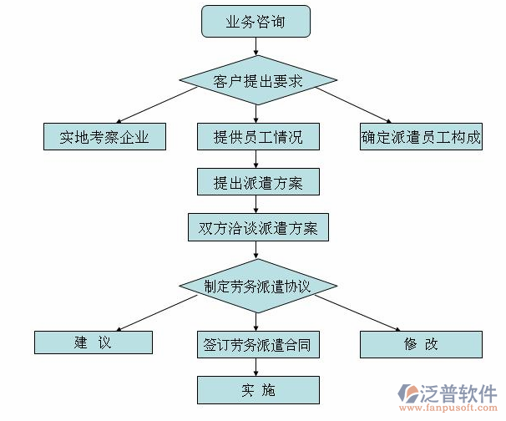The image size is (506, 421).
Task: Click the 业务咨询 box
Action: pyautogui.click(x=256, y=23)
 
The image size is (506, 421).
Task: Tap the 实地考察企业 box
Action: pyautogui.click(x=104, y=136)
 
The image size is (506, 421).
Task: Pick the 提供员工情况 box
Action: pyautogui.click(x=258, y=136)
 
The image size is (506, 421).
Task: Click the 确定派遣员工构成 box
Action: pyautogui.click(x=422, y=136)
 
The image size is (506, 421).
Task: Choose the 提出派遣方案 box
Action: pyautogui.click(x=258, y=181)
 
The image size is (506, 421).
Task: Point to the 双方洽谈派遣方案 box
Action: pyautogui.click(x=258, y=226)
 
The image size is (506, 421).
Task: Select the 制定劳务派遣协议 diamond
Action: pyautogui.click(x=258, y=286)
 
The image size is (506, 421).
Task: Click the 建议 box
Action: pyautogui.click(x=93, y=342)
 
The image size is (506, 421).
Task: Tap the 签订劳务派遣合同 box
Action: pyautogui.click(x=258, y=343)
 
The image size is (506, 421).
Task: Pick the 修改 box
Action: pyautogui.click(x=421, y=343)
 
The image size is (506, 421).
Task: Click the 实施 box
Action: pyautogui.click(x=258, y=389)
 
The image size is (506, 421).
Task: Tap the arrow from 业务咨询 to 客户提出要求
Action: pyautogui.click(x=256, y=50)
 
